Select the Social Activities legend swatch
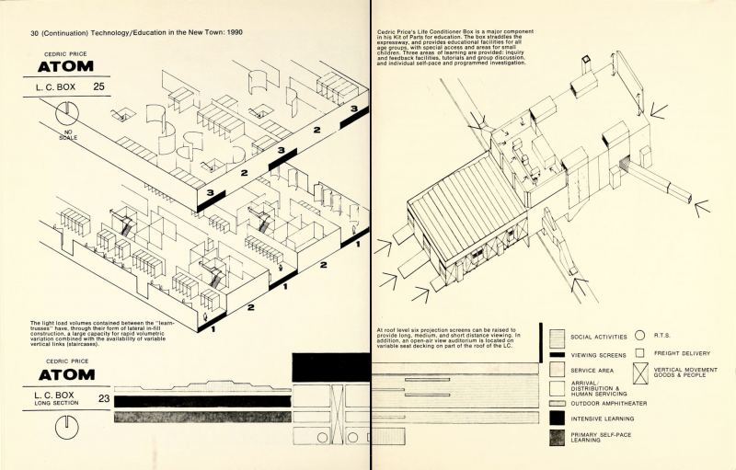click(557, 337)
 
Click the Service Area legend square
click(557, 370)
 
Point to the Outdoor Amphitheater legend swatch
click(557, 403)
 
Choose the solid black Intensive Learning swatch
click(557, 419)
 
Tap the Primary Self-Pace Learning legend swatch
click(557, 437)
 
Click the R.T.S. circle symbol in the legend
click(638, 336)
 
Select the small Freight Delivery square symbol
click(638, 352)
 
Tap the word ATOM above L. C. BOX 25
click(65, 66)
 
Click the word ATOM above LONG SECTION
click(65, 375)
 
